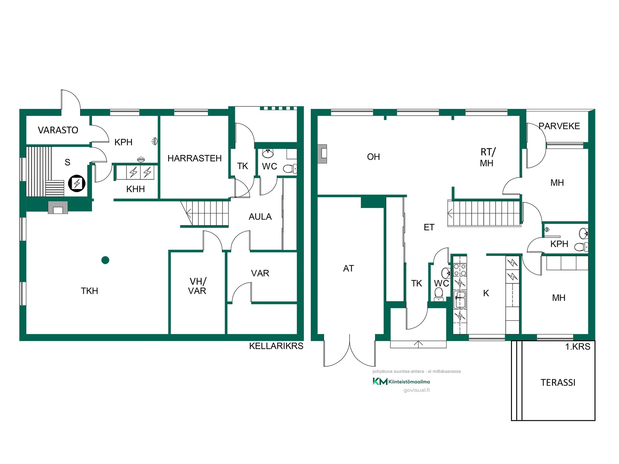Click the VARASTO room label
click(58, 130)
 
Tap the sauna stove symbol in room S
click(77, 183)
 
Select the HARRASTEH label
click(194, 158)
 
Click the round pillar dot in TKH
click(105, 260)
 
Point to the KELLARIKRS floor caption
click(276, 346)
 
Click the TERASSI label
click(558, 382)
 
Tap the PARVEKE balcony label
click(559, 126)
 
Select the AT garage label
click(349, 268)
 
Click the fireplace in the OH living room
click(322, 154)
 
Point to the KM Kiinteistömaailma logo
click(401, 382)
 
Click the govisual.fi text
click(417, 390)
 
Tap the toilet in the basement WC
click(290, 169)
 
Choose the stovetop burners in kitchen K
click(460, 270)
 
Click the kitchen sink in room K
click(460, 299)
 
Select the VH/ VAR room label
click(197, 286)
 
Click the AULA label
click(260, 217)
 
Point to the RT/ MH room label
click(487, 158)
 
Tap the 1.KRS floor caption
click(578, 347)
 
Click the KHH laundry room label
click(135, 189)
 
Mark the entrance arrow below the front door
click(418, 344)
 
